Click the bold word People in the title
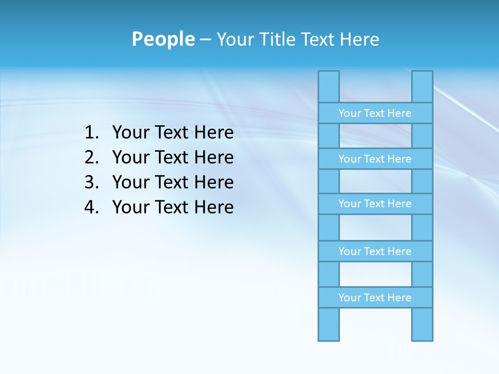click(163, 39)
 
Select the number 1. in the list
click(92, 133)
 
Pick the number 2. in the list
click(92, 157)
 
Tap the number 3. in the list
click(92, 182)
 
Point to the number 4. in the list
click(92, 207)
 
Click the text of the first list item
click(173, 133)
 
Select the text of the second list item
click(173, 157)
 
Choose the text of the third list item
click(173, 182)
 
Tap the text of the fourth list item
click(173, 207)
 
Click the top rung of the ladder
click(375, 113)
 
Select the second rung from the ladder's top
click(375, 158)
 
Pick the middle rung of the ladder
click(375, 204)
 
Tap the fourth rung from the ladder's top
click(375, 251)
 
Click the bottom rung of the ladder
click(375, 297)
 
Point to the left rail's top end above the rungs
click(329, 86)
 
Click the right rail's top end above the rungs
click(422, 86)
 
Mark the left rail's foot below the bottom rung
click(329, 325)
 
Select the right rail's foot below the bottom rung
click(422, 325)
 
